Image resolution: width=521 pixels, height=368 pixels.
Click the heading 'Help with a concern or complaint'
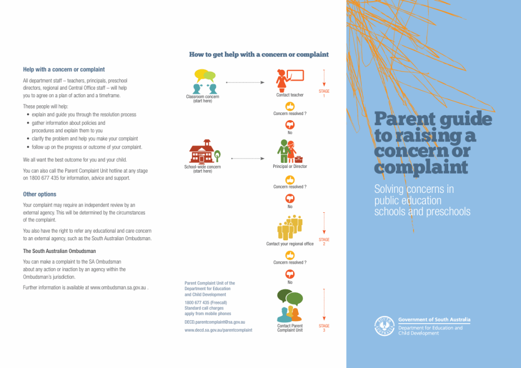64,69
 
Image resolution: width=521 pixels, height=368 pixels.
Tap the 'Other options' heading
40,194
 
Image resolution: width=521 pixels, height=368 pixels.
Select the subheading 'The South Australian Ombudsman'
60,251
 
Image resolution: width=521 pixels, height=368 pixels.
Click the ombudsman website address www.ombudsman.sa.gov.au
118,288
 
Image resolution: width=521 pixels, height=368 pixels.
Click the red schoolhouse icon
202,151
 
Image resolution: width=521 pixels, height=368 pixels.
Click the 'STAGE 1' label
324,93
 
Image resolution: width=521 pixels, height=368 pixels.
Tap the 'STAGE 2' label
324,241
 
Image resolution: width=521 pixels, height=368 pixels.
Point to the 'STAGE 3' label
324,328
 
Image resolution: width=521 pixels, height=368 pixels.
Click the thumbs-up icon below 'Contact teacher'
290,106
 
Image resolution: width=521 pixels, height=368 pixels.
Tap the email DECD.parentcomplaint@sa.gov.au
215,322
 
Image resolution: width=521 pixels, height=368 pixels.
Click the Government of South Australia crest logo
385,326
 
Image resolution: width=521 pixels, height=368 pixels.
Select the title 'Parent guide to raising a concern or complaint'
432,144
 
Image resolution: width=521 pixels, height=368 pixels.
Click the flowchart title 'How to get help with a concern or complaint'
259,54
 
